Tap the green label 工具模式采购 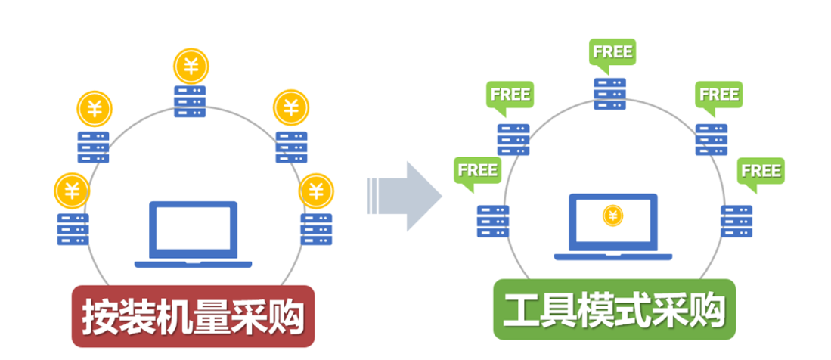pos(614,310)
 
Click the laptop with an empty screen pos(193,233)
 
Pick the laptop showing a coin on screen pos(612,225)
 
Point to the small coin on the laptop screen pos(612,216)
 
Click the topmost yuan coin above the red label pos(191,67)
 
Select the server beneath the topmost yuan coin pos(190,101)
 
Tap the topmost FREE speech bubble pos(612,53)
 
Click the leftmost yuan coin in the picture pos(72,189)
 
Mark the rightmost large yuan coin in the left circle pos(316,191)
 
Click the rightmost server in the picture pos(736,221)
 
